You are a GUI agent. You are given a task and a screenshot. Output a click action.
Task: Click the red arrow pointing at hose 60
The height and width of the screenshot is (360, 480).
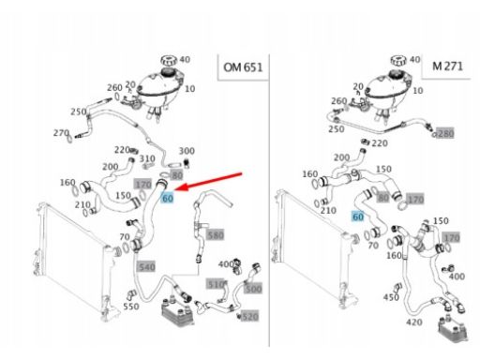[x=208, y=181]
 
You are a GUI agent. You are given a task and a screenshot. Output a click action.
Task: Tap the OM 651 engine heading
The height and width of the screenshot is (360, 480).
[x=243, y=67]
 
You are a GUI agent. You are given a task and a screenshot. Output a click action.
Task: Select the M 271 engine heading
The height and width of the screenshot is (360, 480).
[x=447, y=66]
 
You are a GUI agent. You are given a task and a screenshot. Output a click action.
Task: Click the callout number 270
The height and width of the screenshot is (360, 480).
[x=61, y=133]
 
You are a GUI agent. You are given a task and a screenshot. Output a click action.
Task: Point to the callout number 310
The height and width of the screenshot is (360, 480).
[x=147, y=158]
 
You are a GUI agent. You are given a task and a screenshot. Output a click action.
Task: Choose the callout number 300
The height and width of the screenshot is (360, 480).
[x=187, y=151]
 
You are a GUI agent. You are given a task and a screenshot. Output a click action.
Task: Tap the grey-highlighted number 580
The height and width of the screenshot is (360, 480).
[x=216, y=235]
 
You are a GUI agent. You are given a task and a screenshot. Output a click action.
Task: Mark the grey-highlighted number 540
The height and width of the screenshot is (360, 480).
[x=146, y=267]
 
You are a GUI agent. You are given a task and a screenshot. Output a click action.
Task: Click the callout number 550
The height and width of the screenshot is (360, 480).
[x=131, y=307]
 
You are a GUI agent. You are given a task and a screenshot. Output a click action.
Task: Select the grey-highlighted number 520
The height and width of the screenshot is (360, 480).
[x=250, y=317]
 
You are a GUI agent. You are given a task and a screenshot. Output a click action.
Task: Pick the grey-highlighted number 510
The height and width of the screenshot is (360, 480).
[x=215, y=284]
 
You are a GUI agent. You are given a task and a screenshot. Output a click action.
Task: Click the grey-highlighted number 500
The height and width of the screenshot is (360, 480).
[x=252, y=289]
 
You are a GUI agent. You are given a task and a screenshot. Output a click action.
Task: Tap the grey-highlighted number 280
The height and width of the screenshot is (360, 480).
[x=445, y=133]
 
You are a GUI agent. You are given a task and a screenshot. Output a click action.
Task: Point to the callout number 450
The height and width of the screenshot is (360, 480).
[x=391, y=297]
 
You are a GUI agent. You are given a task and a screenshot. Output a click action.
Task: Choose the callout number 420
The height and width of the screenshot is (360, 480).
[x=414, y=322]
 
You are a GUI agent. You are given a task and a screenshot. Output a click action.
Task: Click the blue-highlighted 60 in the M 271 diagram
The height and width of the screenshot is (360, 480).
[x=358, y=217]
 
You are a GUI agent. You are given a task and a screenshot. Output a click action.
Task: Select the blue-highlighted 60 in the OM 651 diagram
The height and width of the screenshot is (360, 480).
[x=167, y=198]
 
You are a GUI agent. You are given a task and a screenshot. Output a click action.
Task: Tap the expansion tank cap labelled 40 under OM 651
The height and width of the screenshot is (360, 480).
[x=169, y=60]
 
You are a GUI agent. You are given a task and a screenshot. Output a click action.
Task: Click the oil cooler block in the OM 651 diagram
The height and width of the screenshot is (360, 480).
[x=177, y=311]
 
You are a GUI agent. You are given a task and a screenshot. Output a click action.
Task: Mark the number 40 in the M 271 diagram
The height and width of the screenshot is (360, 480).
[x=414, y=59]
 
